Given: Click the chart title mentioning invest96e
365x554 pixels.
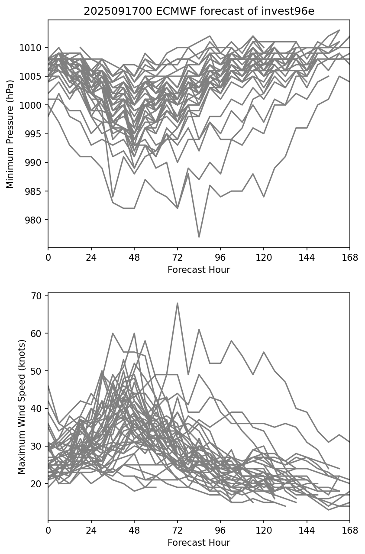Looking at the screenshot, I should pos(199,11).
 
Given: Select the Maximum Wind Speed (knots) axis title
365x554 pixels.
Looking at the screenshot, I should pos(21,406).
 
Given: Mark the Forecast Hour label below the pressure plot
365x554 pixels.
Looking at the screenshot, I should pos(199,270).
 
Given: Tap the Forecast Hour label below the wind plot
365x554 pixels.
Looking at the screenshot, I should pos(199,543).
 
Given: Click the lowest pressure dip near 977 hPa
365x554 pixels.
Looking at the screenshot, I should pos(199,237).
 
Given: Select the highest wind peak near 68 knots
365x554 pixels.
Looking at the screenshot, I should pos(177,303).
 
